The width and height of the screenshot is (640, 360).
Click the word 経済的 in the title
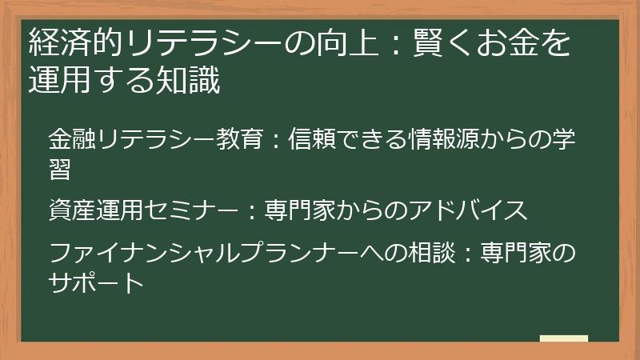[x=73, y=42]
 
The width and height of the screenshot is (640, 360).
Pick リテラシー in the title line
[x=194, y=42]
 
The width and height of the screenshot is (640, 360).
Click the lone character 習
[x=59, y=170]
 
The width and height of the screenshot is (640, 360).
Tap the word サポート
[x=97, y=283]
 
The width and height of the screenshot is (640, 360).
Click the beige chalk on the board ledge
[x=564, y=338]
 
